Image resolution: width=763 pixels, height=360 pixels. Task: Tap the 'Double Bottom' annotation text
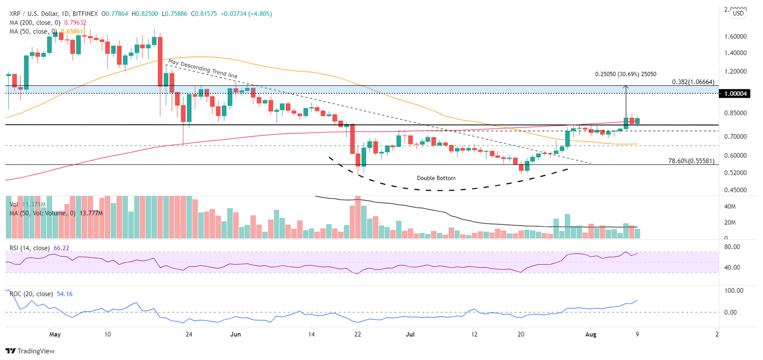[436, 178]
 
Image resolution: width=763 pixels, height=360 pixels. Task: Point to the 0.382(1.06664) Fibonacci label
[694, 82]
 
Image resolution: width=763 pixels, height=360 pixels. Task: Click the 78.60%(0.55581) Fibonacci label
[691, 161]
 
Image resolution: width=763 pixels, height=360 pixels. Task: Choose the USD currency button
[738, 13]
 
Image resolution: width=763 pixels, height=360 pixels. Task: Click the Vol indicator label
[14, 204]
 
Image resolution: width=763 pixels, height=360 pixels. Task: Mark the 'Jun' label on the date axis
[236, 334]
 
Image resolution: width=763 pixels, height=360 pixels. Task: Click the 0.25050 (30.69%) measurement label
[626, 74]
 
